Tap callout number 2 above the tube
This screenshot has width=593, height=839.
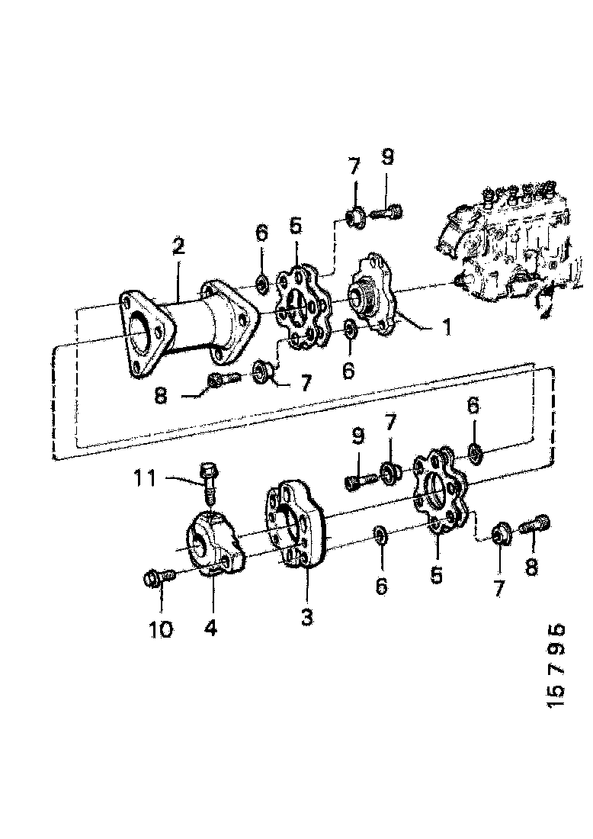pyautogui.click(x=178, y=246)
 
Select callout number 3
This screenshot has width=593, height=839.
pyautogui.click(x=306, y=617)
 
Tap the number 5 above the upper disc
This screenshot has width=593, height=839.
pyautogui.click(x=295, y=226)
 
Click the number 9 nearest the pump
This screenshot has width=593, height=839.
pyautogui.click(x=388, y=158)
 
